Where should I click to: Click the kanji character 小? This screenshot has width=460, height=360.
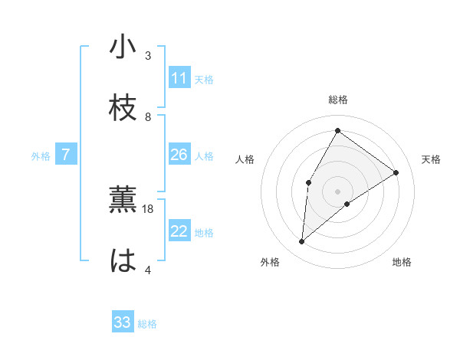click(123, 47)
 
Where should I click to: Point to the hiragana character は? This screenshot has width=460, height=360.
click(123, 260)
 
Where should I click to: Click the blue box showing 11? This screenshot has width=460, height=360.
click(179, 78)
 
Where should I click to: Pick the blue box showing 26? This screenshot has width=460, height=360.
click(179, 155)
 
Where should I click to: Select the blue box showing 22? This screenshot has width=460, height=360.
click(179, 231)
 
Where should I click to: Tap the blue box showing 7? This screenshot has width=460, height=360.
click(66, 155)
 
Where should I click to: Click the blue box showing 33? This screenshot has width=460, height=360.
click(123, 322)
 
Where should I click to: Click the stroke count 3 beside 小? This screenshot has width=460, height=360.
click(148, 56)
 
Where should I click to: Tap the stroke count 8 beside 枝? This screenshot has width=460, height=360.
click(148, 116)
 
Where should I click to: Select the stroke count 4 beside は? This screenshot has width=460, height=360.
click(148, 270)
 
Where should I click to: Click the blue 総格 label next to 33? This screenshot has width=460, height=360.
click(147, 324)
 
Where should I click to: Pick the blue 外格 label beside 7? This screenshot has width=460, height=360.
click(41, 156)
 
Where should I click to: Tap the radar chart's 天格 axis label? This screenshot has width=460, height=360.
click(431, 159)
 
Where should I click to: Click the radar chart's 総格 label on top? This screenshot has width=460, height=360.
click(337, 100)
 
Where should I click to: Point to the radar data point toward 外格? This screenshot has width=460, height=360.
click(302, 242)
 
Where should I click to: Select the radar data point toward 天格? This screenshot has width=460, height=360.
click(396, 172)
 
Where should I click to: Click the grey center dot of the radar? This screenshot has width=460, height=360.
click(337, 191)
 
